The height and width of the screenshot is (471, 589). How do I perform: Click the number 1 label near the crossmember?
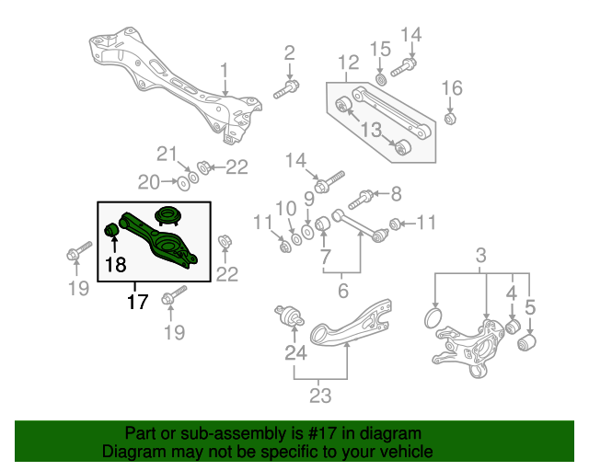[224, 71]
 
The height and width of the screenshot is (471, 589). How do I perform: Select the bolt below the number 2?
[285, 90]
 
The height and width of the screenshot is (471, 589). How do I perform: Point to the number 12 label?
[348, 64]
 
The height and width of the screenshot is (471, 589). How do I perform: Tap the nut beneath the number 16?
[450, 118]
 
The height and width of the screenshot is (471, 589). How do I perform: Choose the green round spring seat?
[167, 217]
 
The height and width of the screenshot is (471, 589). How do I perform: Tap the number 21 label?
[165, 153]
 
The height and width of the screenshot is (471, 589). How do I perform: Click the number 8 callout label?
[396, 194]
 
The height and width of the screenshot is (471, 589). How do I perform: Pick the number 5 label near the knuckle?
[530, 305]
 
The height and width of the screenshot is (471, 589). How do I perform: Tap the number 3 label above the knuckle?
[480, 255]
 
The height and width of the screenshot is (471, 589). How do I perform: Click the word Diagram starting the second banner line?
[133, 453]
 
